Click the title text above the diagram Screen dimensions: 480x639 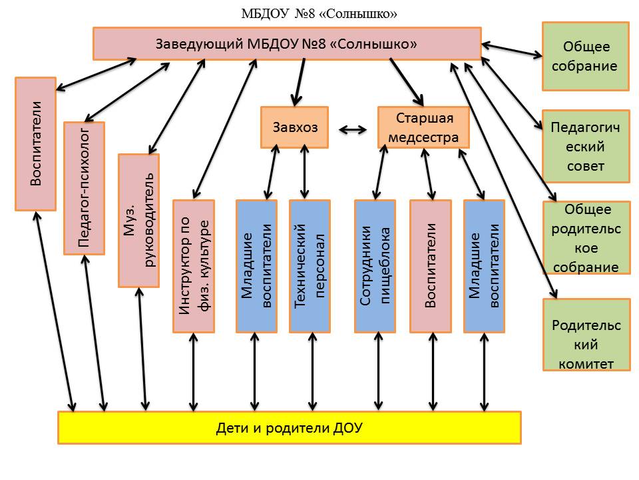click(319, 13)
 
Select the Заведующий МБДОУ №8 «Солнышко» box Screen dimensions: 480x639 click(286, 43)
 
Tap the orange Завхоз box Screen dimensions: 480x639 click(294, 127)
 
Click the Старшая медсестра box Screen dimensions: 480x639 click(424, 127)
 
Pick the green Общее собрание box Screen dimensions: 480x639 click(586, 56)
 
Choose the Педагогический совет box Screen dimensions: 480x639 click(586, 146)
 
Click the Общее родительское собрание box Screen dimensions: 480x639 click(586, 237)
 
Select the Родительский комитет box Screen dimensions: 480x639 click(586, 335)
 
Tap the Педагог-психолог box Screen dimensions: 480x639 click(84, 188)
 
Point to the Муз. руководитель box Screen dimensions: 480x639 click(138, 221)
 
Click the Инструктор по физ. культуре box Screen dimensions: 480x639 click(194, 266)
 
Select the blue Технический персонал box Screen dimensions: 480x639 click(310, 266)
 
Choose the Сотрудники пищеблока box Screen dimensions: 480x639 click(375, 266)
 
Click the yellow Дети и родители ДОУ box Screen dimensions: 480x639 click(289, 427)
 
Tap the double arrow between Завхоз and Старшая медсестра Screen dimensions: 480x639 click(353, 129)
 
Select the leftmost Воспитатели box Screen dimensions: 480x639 click(35, 143)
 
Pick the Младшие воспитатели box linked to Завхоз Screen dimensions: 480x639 click(256, 266)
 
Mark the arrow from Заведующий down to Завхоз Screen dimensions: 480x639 click(298, 81)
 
